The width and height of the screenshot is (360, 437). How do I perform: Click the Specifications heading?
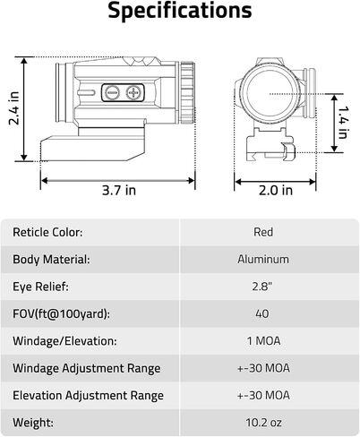180,11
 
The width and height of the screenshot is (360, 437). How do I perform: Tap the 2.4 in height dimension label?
14,108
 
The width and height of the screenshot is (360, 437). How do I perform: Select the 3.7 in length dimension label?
119,190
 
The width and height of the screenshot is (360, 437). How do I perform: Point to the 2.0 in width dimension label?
276,190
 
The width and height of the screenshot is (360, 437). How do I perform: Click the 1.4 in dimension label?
343,122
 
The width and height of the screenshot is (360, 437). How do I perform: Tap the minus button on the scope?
113,92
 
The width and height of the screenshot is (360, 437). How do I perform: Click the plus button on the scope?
133,92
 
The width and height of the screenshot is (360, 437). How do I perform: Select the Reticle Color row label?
47,232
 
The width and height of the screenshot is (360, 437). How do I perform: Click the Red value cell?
263,232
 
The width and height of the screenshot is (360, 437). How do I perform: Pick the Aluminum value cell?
263,259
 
